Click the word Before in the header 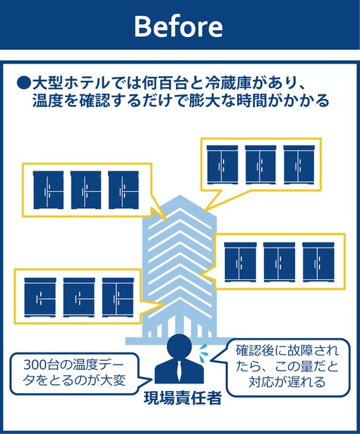click(178, 26)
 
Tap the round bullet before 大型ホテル click(23, 83)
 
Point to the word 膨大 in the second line click(205, 100)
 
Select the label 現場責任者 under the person click(183, 399)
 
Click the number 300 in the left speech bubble click(35, 365)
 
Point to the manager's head click(180, 346)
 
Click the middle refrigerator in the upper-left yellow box click(86, 190)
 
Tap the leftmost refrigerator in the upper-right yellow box click(222, 165)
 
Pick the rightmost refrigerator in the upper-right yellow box click(299, 165)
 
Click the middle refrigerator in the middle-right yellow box click(279, 262)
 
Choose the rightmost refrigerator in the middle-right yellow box click(318, 262)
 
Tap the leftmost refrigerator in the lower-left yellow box click(40, 297)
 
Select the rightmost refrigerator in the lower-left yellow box click(118, 297)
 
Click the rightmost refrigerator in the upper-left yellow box click(124, 190)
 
